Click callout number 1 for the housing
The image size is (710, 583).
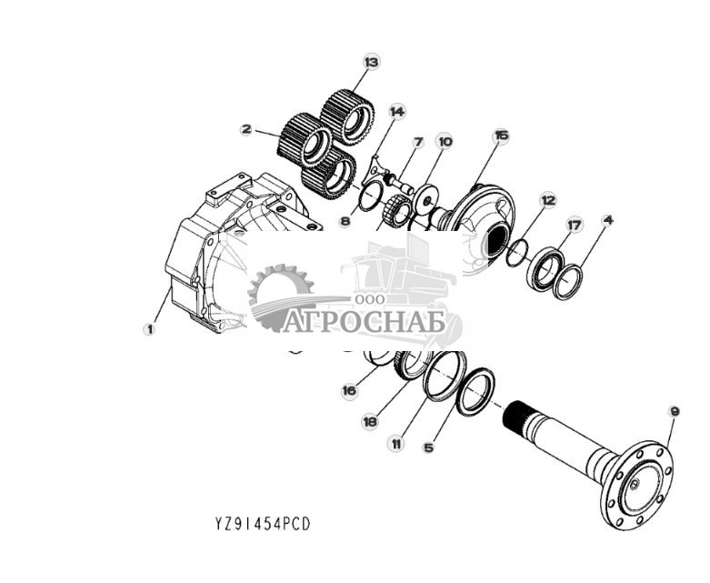click(x=149, y=329)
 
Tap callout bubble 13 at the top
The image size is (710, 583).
click(x=370, y=62)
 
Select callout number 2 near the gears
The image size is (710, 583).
click(x=245, y=129)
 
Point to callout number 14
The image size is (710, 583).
click(x=396, y=111)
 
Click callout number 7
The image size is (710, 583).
click(x=418, y=142)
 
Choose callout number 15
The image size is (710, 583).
click(x=501, y=136)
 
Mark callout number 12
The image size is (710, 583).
click(x=547, y=199)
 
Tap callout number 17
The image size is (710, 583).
click(x=574, y=224)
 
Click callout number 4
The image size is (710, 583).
click(x=607, y=219)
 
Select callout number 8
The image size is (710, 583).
click(x=345, y=220)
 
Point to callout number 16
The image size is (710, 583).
click(x=348, y=391)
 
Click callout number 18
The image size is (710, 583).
click(x=370, y=420)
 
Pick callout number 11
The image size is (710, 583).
click(x=395, y=444)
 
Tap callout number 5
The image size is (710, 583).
click(x=429, y=447)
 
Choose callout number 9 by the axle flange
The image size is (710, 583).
click(x=674, y=412)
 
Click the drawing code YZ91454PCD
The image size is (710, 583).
click(x=263, y=525)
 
